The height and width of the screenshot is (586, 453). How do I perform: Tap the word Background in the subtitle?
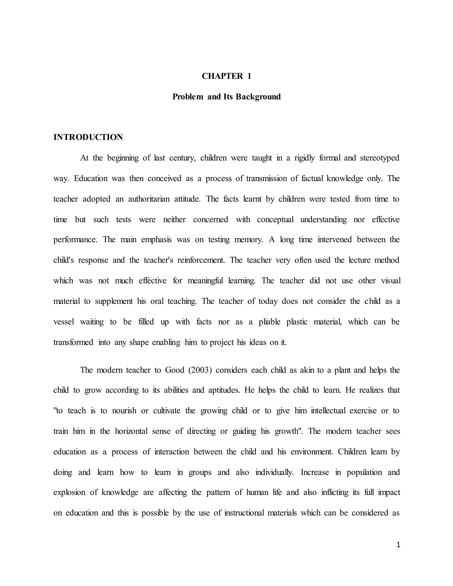258,97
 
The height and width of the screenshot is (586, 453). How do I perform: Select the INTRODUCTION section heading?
88,137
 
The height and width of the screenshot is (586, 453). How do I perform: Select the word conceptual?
275,220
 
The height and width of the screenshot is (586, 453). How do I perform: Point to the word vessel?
64,322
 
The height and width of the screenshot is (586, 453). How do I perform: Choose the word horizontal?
131,431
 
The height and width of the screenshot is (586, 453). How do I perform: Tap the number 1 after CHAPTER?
249,76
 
